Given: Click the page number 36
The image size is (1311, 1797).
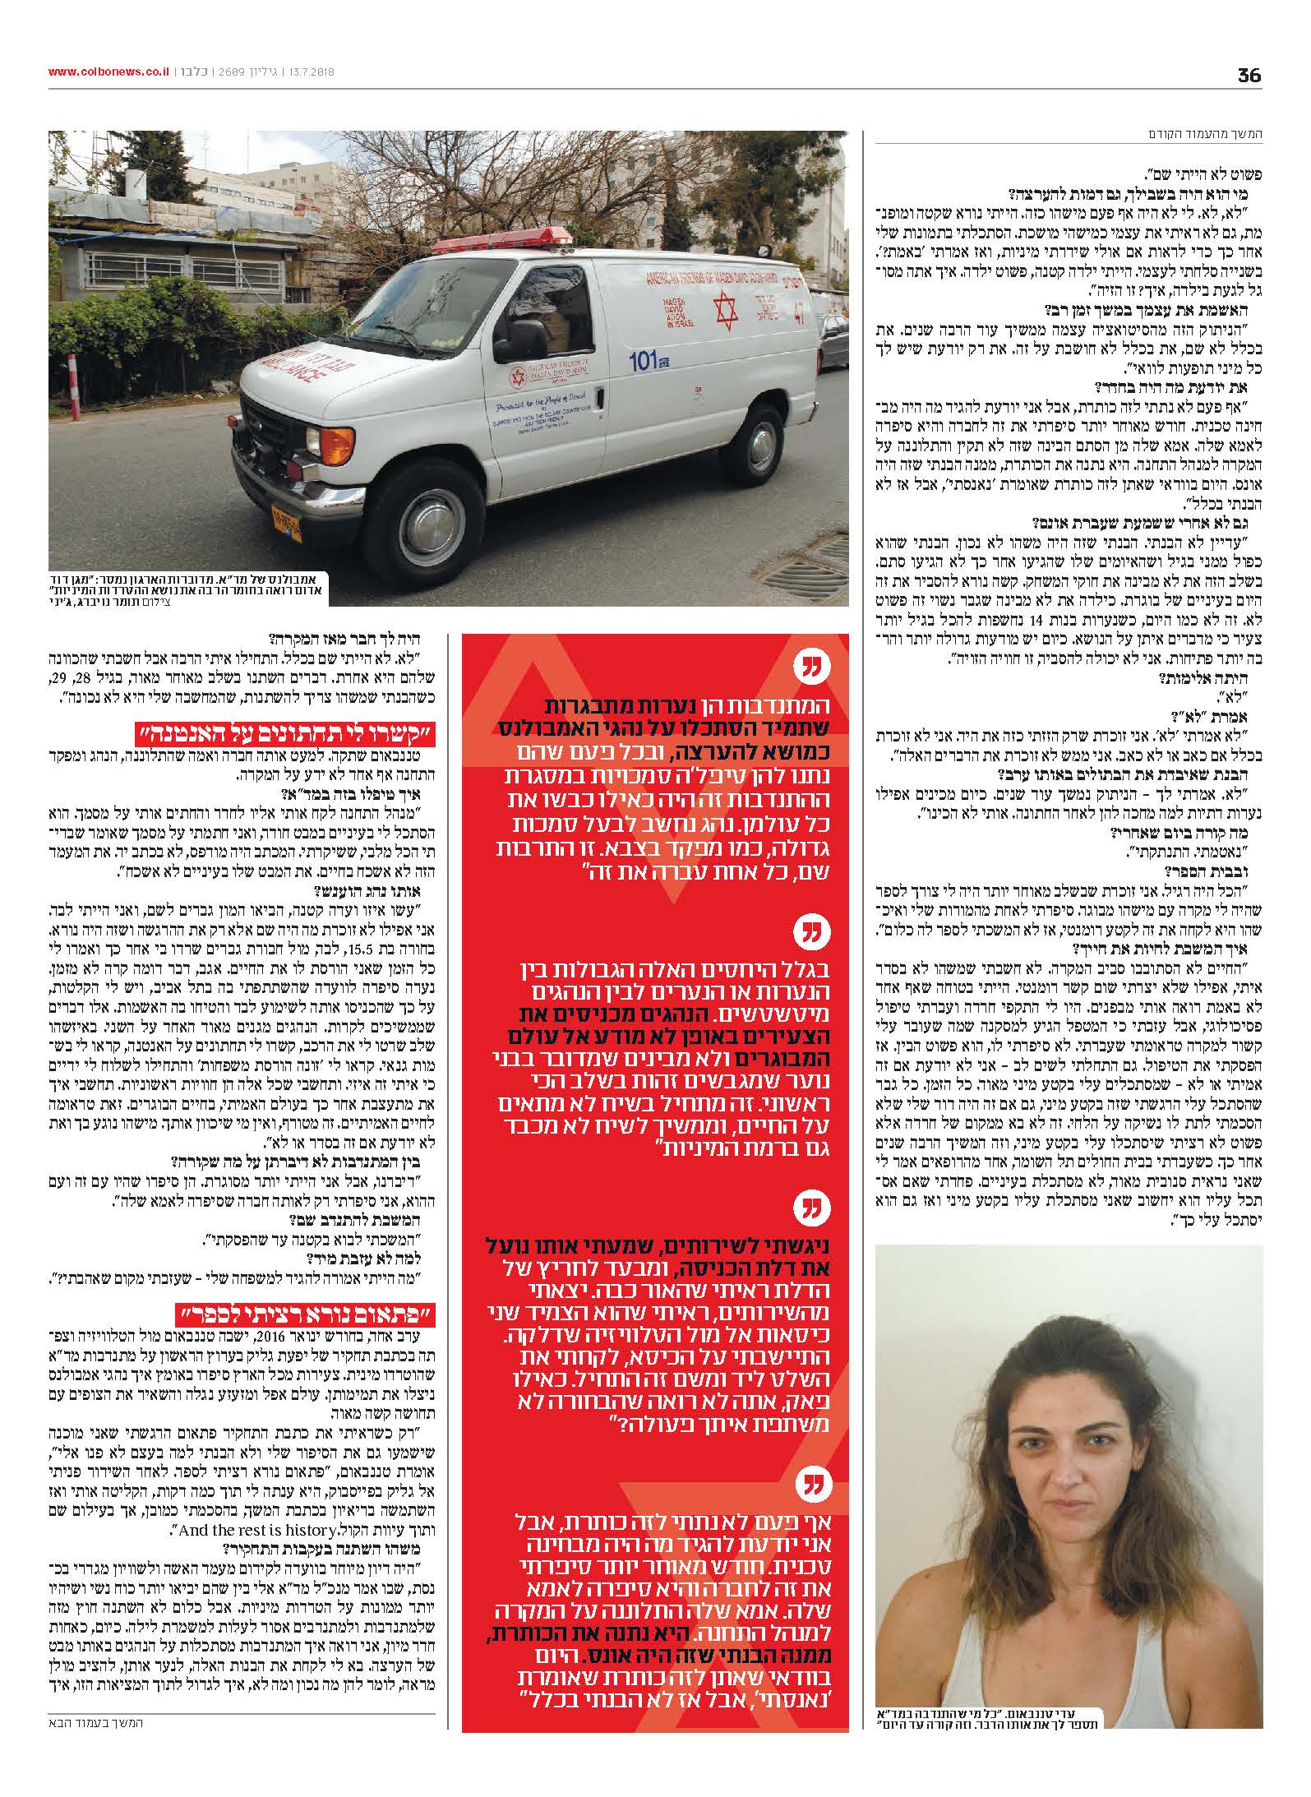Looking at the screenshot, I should (1249, 75).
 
